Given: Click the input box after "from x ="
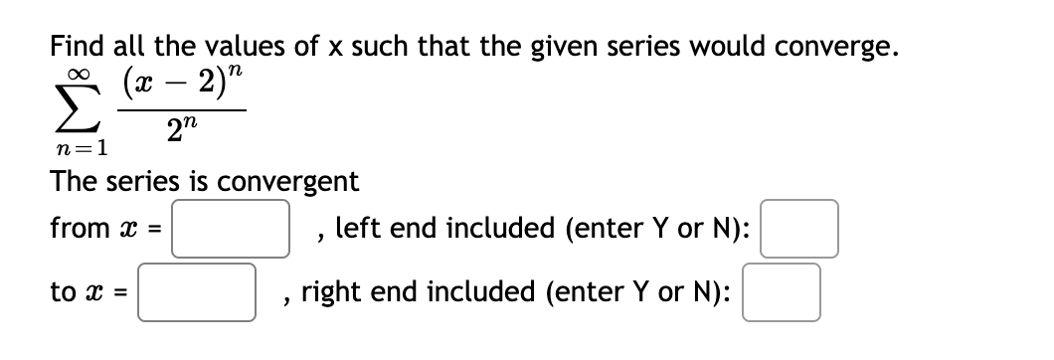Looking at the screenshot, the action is point(235,227).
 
